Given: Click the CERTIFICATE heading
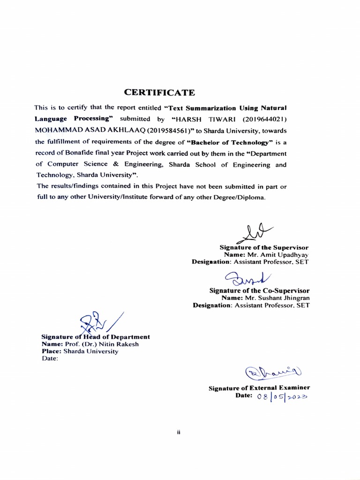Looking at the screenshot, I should click(159, 92).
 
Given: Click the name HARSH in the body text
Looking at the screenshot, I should click(185, 119).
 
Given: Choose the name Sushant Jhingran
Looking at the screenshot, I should click(283, 298).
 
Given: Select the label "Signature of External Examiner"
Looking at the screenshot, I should click(259, 388).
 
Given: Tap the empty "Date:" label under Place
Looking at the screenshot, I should click(50, 359).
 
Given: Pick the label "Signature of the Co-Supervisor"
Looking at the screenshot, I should click(259, 290).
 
